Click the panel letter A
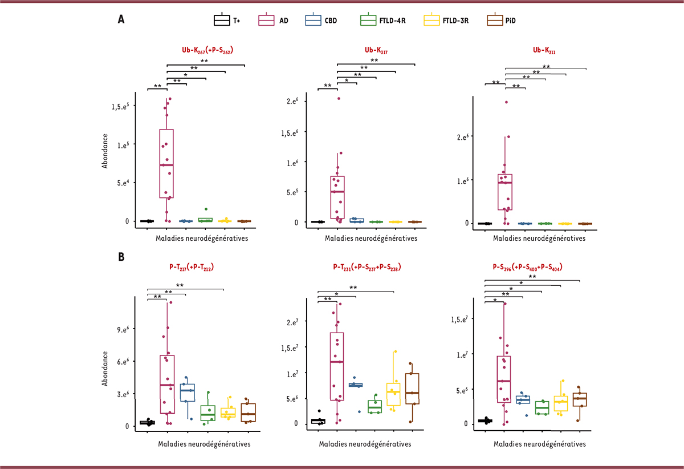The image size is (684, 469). point(121,19)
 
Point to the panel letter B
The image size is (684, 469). point(121,257)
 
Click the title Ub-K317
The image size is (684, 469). point(376,50)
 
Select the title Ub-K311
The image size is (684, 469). point(544,51)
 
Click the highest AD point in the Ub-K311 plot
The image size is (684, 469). point(506,102)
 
